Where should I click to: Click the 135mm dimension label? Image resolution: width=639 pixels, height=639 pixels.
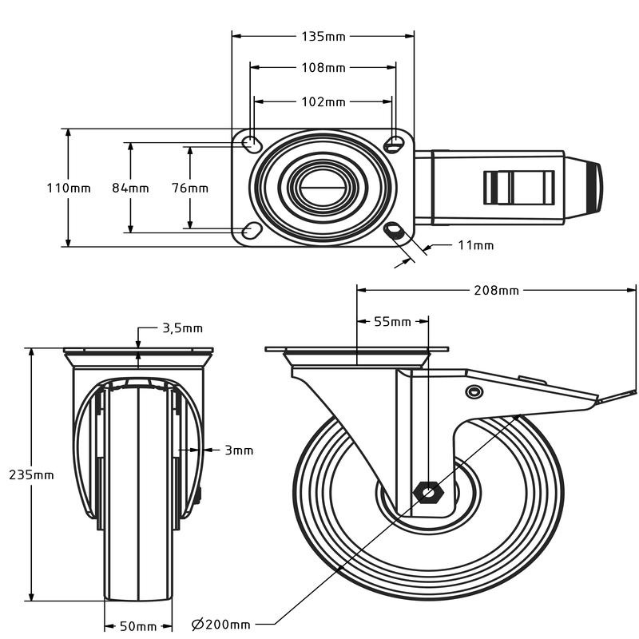click(323, 36)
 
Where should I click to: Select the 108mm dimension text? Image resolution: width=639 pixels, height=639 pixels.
click(323, 68)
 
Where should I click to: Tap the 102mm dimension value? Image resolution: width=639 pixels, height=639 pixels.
click(323, 101)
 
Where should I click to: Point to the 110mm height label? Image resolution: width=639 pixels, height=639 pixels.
click(69, 189)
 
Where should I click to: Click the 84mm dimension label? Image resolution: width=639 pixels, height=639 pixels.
click(129, 189)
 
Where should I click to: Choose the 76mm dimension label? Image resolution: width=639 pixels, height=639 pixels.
click(189, 189)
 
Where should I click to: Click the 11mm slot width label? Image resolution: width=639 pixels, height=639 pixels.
click(475, 245)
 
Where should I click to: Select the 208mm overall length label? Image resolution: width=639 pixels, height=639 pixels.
click(496, 290)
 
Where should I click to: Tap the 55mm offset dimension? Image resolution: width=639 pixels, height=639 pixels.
click(392, 322)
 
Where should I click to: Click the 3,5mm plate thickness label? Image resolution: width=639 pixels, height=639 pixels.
click(182, 327)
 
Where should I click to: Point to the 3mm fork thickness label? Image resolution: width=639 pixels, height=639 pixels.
click(238, 450)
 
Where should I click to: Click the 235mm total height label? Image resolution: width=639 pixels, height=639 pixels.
click(32, 474)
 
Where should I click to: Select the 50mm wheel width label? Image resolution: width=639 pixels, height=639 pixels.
click(138, 625)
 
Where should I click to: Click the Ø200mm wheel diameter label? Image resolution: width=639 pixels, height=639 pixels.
click(221, 624)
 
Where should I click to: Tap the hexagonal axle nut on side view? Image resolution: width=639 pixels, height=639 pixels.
click(429, 492)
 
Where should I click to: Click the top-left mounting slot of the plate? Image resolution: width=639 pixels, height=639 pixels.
click(251, 144)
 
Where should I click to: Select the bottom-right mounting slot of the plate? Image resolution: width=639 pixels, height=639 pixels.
click(395, 231)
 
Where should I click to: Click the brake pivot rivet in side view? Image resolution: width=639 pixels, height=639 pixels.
click(474, 391)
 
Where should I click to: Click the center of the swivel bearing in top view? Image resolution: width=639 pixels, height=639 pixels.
click(323, 188)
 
